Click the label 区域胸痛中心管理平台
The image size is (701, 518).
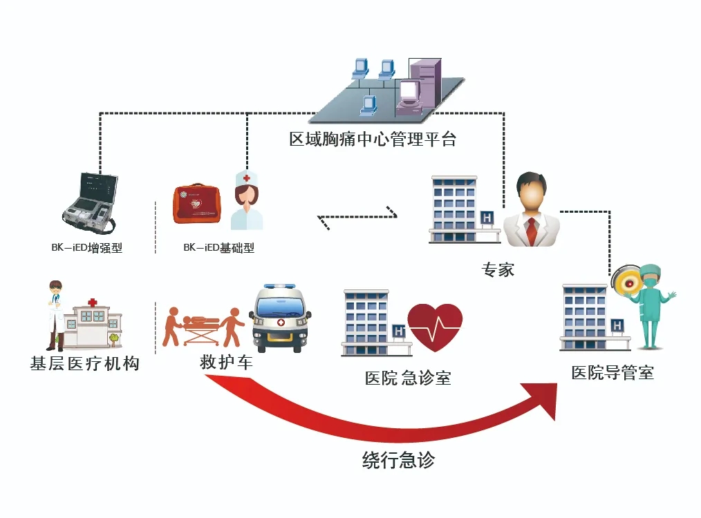373,140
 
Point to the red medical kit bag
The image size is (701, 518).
197,203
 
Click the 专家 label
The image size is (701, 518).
498,269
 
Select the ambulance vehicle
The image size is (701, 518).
280,318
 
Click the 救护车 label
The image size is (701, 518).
226,361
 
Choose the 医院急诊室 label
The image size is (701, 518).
408,378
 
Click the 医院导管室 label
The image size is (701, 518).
613,374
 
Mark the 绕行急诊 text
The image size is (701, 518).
398,460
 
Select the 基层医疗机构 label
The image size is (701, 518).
84,363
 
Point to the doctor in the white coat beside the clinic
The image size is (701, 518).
55,315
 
